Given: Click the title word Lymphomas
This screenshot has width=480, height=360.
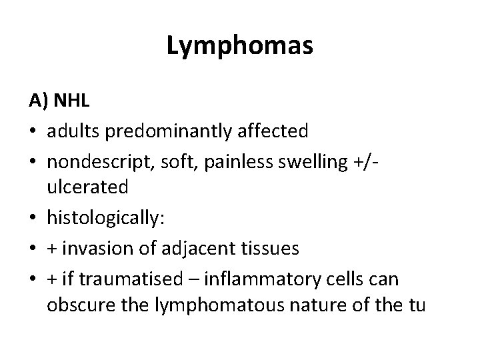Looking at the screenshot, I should coord(239,46).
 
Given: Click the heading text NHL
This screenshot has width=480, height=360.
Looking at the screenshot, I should coord(71,101).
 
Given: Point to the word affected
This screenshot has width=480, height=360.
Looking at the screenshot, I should coord(275,130).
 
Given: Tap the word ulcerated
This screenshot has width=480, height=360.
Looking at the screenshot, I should coord(87,188).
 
